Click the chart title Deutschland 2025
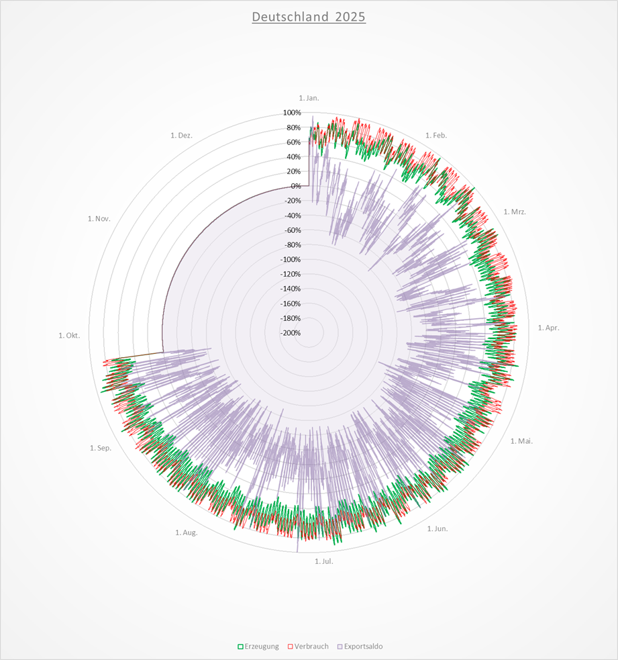pyautogui.click(x=309, y=17)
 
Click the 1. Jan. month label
pyautogui.click(x=309, y=98)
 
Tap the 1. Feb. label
pyautogui.click(x=435, y=136)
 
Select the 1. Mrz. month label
pyautogui.click(x=515, y=212)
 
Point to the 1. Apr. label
pyautogui.click(x=548, y=328)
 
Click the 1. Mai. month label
pyautogui.click(x=521, y=441)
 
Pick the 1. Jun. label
pyautogui.click(x=437, y=528)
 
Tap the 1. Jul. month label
pyautogui.click(x=323, y=561)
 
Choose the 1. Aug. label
pyautogui.click(x=187, y=532)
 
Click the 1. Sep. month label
pyautogui.click(x=101, y=448)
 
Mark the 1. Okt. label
pyautogui.click(x=69, y=335)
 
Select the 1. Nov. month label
pyautogui.click(x=99, y=219)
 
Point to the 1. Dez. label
pyautogui.click(x=182, y=136)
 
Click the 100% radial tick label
pyautogui.click(x=292, y=113)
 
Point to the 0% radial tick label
pyautogui.click(x=295, y=186)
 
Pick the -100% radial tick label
pyautogui.click(x=291, y=260)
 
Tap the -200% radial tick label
pyautogui.click(x=291, y=333)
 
